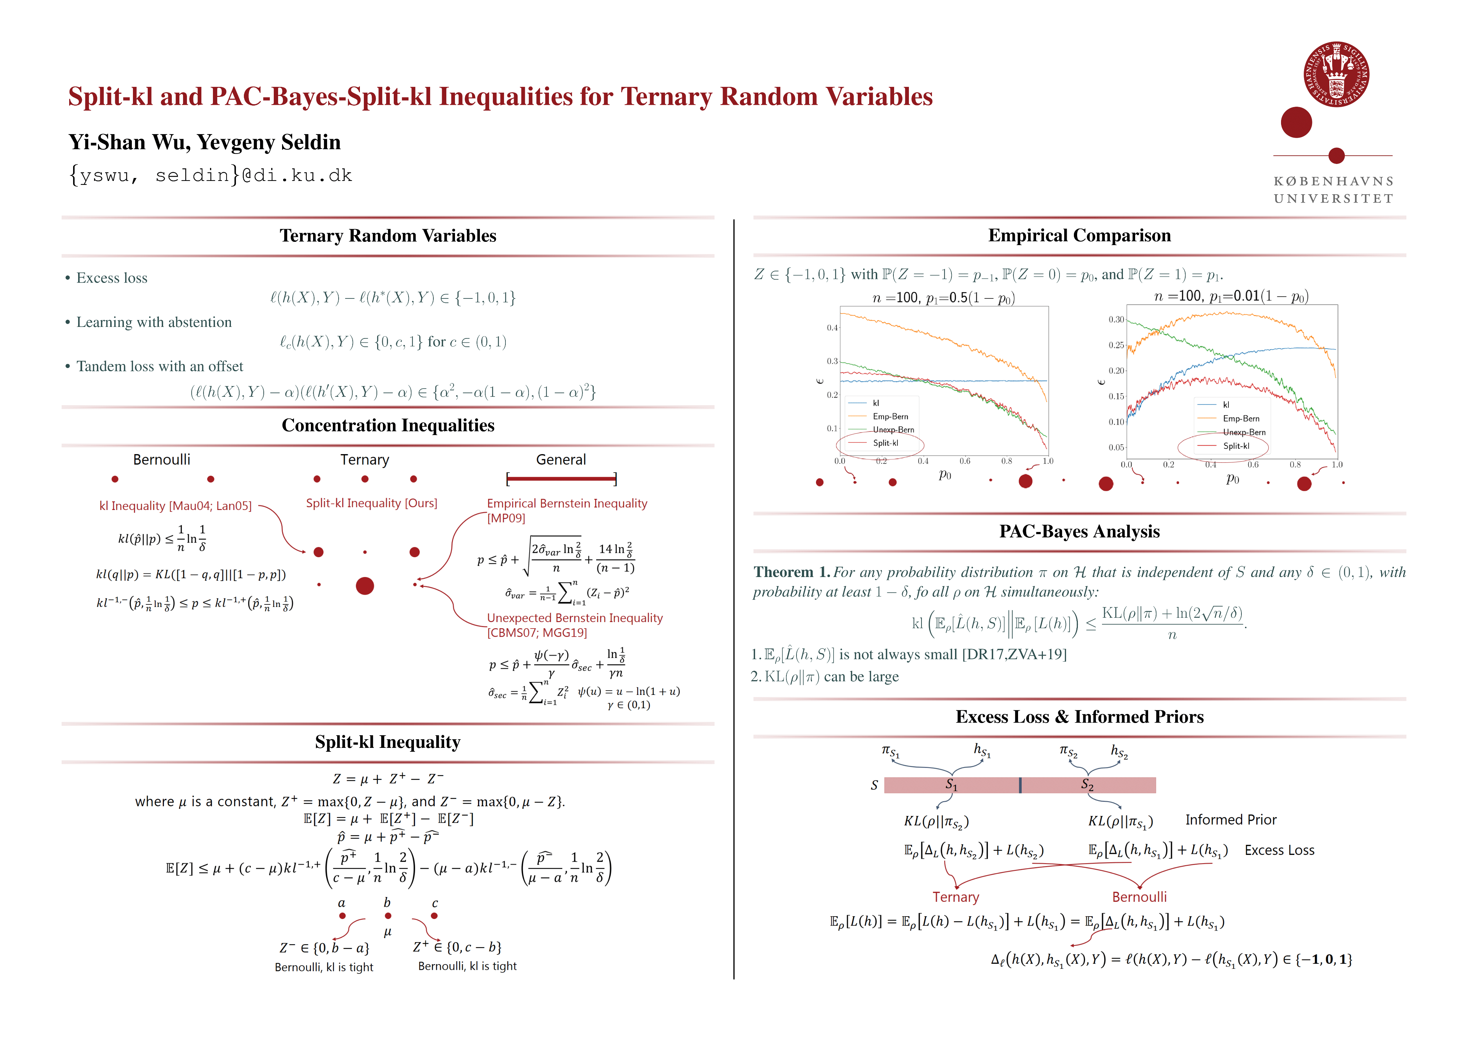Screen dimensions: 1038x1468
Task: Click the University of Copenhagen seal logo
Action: [x=1336, y=74]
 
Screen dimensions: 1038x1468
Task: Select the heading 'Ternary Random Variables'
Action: [x=388, y=236]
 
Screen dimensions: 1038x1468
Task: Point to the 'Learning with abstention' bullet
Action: [x=153, y=322]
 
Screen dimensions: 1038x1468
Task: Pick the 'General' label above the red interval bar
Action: [x=561, y=460]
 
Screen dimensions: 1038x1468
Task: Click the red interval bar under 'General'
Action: [x=561, y=478]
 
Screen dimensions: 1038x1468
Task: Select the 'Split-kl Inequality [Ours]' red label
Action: [x=371, y=504]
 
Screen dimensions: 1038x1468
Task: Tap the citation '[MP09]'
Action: [x=506, y=518]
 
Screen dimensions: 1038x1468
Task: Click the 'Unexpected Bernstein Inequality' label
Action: [x=574, y=618]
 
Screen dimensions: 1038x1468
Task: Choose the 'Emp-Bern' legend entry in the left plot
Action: [x=890, y=416]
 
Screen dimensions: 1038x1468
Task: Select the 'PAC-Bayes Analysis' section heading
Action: [x=1079, y=532]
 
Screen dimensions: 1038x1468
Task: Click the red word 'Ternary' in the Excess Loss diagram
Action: [x=955, y=897]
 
